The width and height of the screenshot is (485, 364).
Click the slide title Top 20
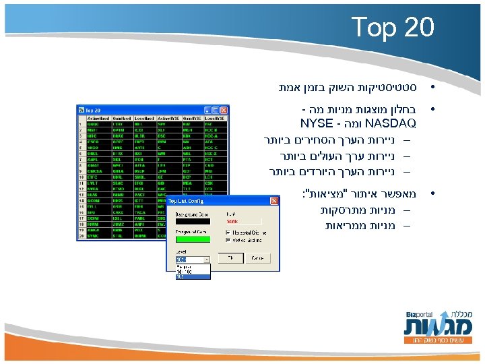[x=393, y=28]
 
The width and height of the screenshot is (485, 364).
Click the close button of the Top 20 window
[x=225, y=109]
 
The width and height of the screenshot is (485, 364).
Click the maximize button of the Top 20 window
[x=217, y=109]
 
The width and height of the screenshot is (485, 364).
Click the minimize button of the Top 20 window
[x=209, y=109]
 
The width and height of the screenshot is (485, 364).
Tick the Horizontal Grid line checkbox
[x=229, y=233]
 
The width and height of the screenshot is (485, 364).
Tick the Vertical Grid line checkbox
[x=229, y=239]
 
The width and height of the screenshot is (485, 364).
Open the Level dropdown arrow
[x=206, y=259]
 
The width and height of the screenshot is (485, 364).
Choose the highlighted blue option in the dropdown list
[x=193, y=276]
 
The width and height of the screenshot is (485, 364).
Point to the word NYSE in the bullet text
[x=317, y=124]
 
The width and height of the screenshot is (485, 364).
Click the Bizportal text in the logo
[x=420, y=315]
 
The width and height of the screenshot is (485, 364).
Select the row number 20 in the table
[x=82, y=236]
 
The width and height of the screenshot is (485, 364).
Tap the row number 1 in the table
[x=82, y=124]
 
